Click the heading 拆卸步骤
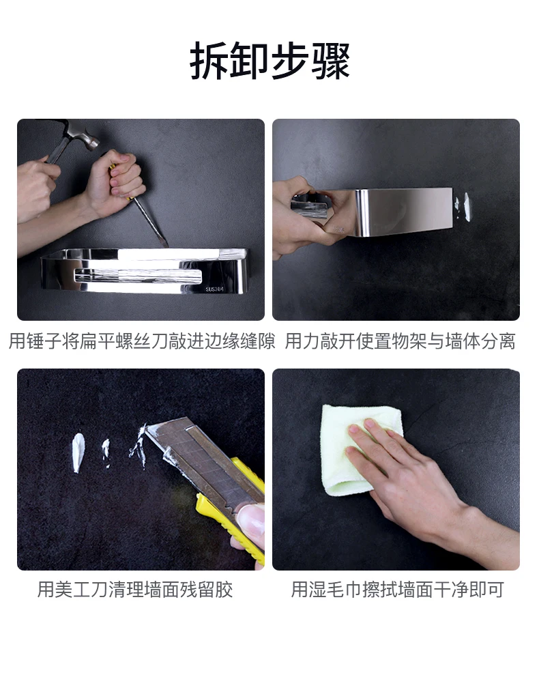pos(269,61)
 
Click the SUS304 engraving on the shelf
pos(214,289)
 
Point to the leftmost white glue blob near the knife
pos(78,452)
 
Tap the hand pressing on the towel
pos(414,479)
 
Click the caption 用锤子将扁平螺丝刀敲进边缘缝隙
pos(142,341)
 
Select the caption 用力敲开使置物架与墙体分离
pos(400,341)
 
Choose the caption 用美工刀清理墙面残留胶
pos(135,590)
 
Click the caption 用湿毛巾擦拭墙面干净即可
pos(398,590)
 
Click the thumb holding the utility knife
pos(250,520)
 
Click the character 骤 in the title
pos(330,61)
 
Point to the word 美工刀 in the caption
pos(81,590)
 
